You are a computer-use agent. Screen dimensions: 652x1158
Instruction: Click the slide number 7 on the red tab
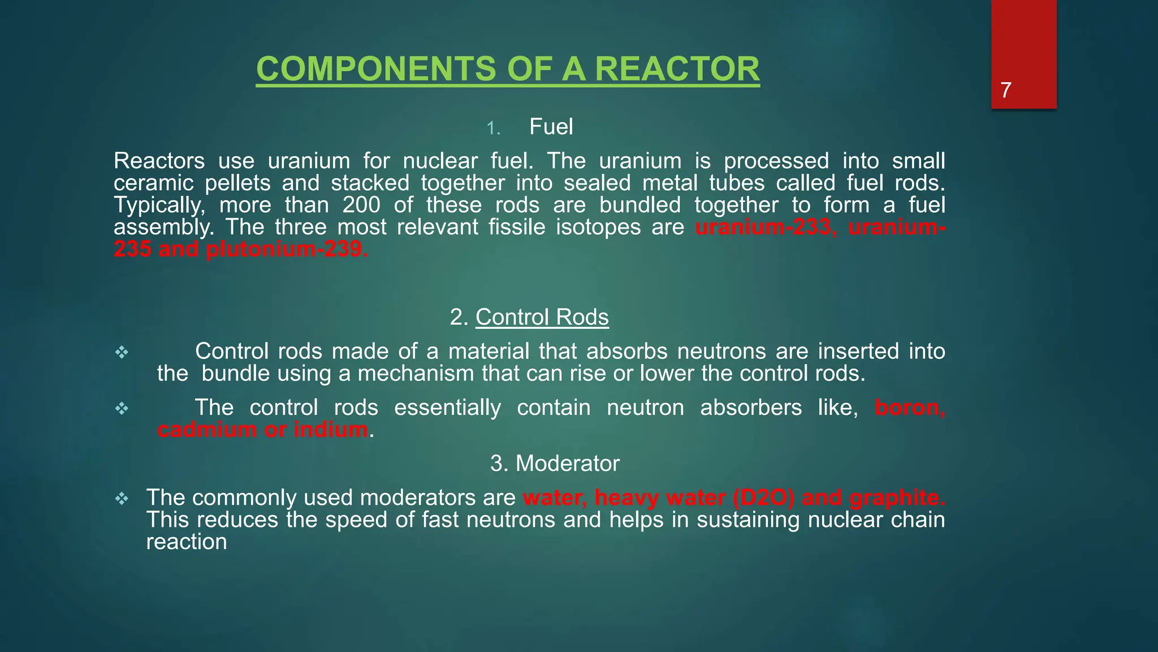click(x=1005, y=91)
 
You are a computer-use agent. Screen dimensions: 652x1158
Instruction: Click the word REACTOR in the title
click(x=677, y=69)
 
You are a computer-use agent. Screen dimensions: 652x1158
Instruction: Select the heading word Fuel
click(x=551, y=127)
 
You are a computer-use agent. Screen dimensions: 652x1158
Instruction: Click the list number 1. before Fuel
click(x=494, y=128)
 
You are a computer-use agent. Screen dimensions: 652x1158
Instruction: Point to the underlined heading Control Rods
click(x=542, y=317)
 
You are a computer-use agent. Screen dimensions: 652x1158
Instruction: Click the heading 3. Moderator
click(x=555, y=464)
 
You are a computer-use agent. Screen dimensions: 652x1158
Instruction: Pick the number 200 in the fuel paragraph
click(x=361, y=205)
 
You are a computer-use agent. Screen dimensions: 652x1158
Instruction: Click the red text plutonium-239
click(x=287, y=249)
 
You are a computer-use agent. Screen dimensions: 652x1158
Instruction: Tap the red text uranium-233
click(x=763, y=227)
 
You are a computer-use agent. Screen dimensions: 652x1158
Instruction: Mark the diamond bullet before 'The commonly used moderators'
click(x=122, y=499)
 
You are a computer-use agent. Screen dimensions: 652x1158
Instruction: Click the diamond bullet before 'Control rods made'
click(x=122, y=353)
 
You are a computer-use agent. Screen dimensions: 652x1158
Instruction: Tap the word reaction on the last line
click(x=187, y=542)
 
